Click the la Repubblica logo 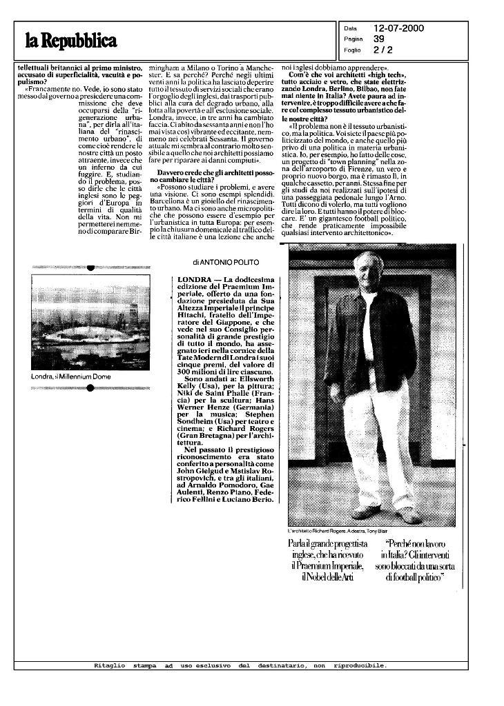tap(71, 41)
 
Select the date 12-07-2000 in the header tap(398, 28)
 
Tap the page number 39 tap(379, 39)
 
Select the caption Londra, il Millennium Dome tap(71, 377)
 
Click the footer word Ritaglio tap(109, 665)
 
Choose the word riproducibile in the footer tap(359, 665)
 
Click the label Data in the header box tap(350, 29)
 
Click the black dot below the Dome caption tap(90, 388)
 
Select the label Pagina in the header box tap(353, 40)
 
